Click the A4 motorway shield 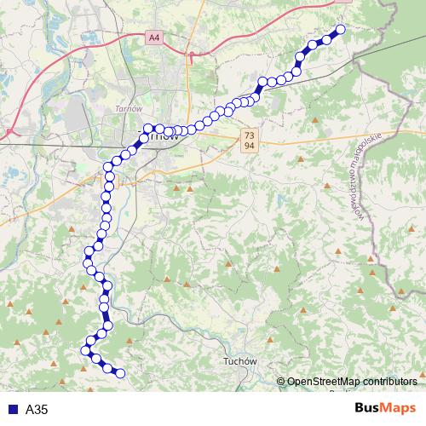point(153,37)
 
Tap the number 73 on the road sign point(249,135)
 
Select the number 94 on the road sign point(249,146)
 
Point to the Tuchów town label point(239,361)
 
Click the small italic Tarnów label point(127,109)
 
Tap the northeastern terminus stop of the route point(341,30)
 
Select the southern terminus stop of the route point(120,373)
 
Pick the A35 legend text point(37,409)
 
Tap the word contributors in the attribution point(395,382)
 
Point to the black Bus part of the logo point(367,408)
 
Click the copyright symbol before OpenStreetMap point(281,382)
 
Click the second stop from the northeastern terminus point(326,39)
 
